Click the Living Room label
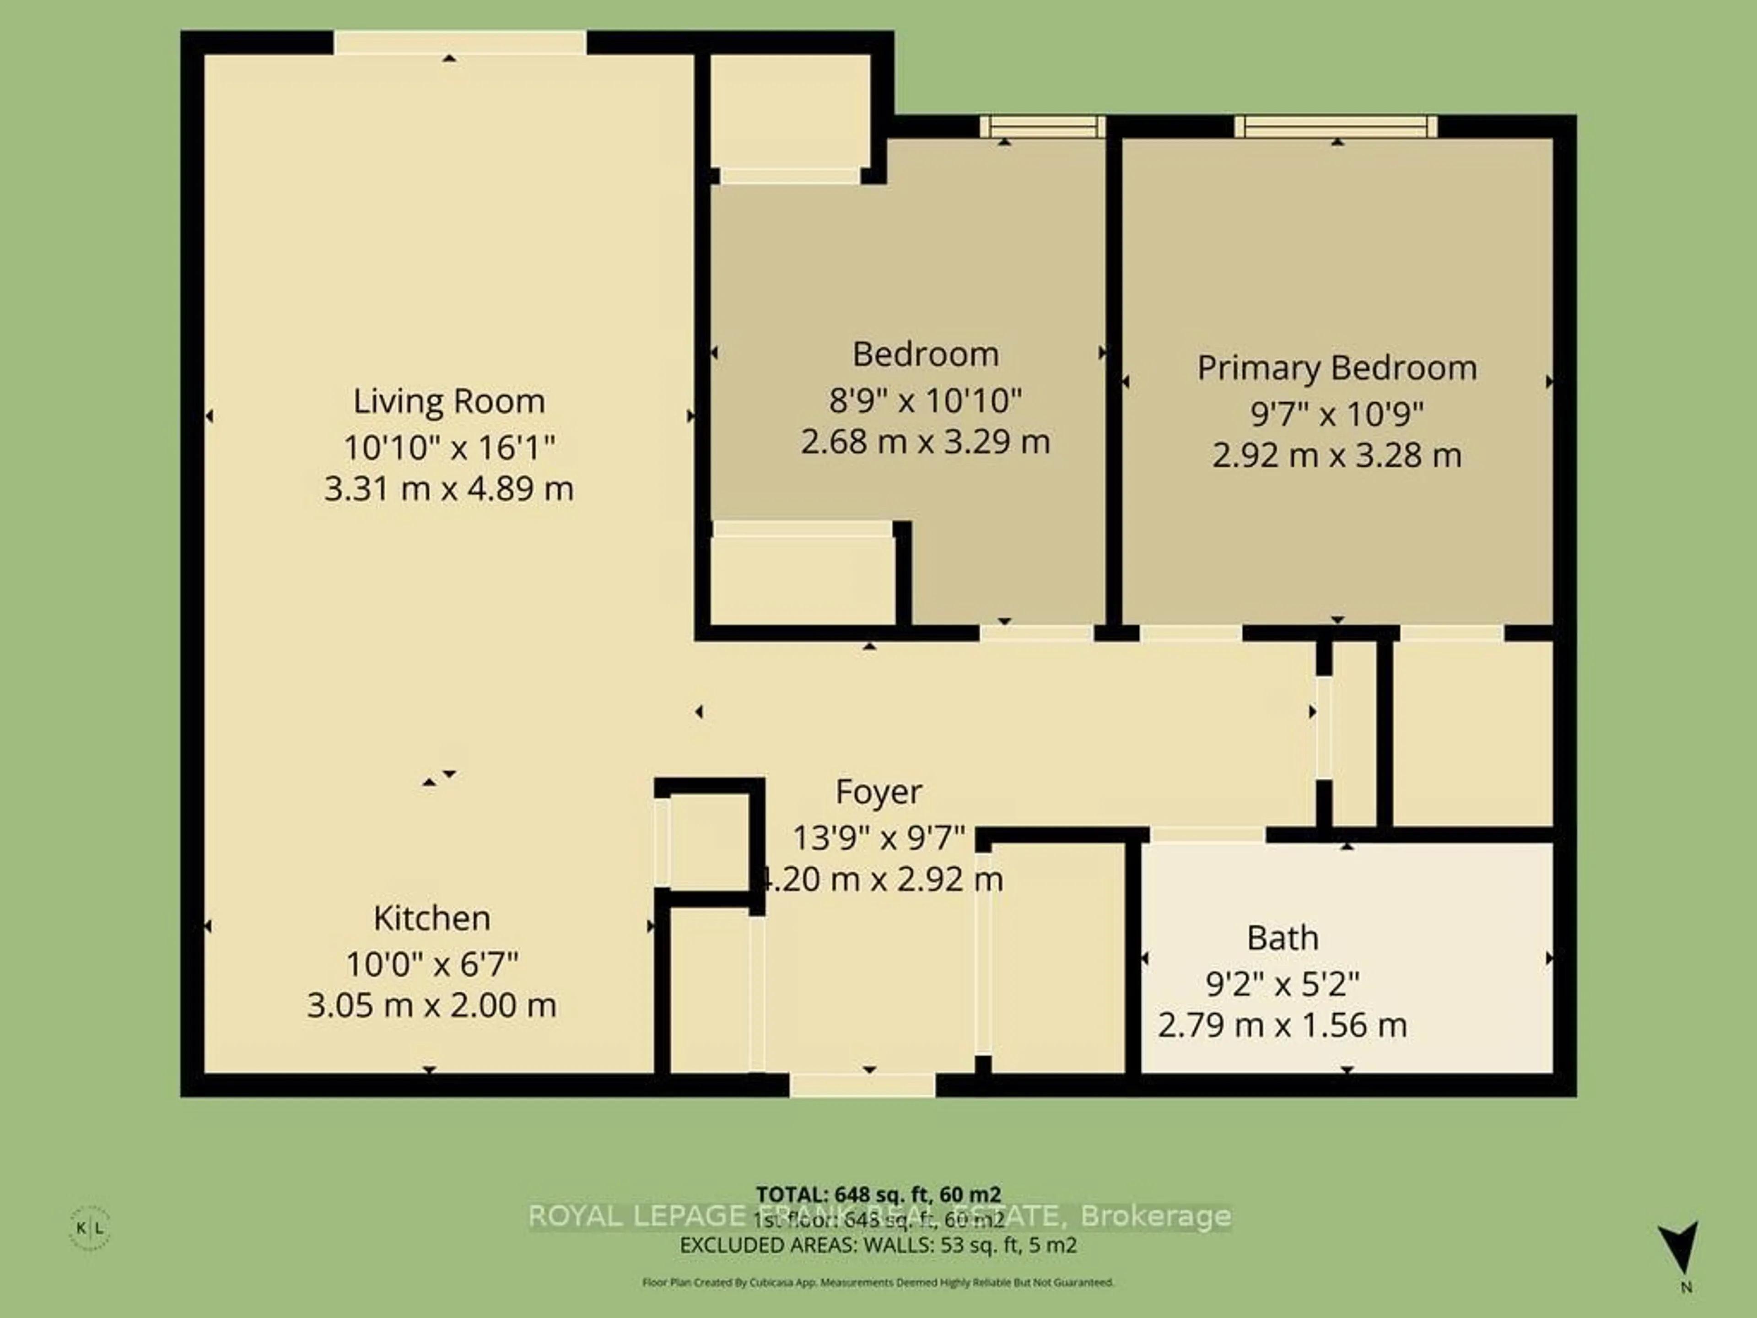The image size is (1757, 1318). click(449, 401)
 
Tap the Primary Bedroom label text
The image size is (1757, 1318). click(1337, 368)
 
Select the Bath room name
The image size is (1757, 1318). click(1282, 938)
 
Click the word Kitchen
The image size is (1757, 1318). click(431, 918)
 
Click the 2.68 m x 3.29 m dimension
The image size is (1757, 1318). click(925, 442)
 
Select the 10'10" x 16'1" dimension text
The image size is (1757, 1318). click(449, 447)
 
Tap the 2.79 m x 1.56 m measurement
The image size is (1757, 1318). click(1282, 1025)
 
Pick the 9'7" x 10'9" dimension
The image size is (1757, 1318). click(1337, 414)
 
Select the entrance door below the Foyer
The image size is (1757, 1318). click(862, 1085)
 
